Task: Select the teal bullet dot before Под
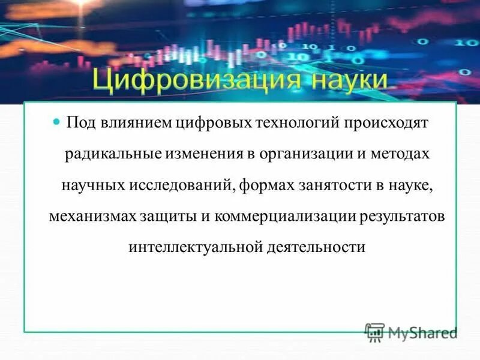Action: point(58,122)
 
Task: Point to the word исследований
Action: point(182,185)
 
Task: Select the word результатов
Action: point(402,216)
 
